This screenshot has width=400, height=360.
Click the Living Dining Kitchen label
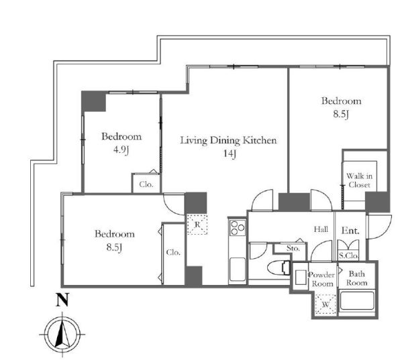coord(228,140)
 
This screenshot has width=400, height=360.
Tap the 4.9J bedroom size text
coord(121,150)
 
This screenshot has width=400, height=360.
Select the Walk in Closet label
coord(359,180)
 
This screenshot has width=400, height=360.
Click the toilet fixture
coord(279,267)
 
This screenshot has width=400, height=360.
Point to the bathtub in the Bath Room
coord(357,300)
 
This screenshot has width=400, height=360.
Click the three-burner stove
coord(237,227)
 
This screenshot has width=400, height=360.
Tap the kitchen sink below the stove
coord(237,269)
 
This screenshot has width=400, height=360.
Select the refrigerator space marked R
coord(197,224)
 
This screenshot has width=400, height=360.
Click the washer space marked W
coord(326,304)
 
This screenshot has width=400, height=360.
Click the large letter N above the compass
coord(62,300)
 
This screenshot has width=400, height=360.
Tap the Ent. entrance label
coord(350,231)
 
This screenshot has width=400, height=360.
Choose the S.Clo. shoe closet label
coord(348,255)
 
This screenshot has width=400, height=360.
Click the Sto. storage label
coord(293,248)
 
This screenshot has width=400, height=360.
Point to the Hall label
coord(321,229)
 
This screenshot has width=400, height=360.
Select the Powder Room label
coord(322,280)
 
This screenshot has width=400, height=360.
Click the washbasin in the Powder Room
coord(300,277)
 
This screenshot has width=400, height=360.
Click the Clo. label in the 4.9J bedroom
coord(146,184)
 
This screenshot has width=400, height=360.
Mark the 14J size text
coord(230,154)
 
